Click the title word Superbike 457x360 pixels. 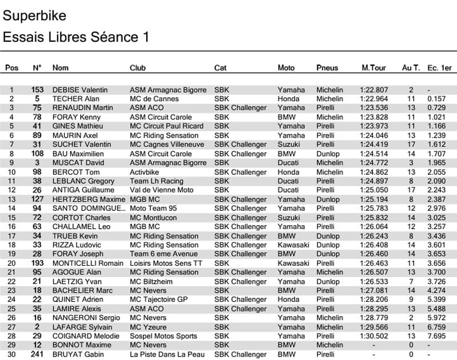(x=34, y=15)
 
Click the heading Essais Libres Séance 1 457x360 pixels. (x=76, y=37)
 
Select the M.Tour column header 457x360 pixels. (x=374, y=67)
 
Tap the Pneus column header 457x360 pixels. (x=327, y=67)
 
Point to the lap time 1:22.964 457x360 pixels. (x=374, y=99)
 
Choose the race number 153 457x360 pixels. (x=37, y=90)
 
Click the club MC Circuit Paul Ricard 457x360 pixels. (x=167, y=126)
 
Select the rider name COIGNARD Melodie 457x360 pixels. (x=83, y=336)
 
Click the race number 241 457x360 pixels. (x=37, y=354)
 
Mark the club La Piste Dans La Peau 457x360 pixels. (x=167, y=354)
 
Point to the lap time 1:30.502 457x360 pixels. (x=374, y=336)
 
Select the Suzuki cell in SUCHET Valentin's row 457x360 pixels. (x=290, y=145)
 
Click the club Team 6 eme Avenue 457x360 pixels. (x=163, y=254)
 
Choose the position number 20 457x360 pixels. (x=11, y=263)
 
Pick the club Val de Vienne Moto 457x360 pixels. (x=162, y=190)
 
